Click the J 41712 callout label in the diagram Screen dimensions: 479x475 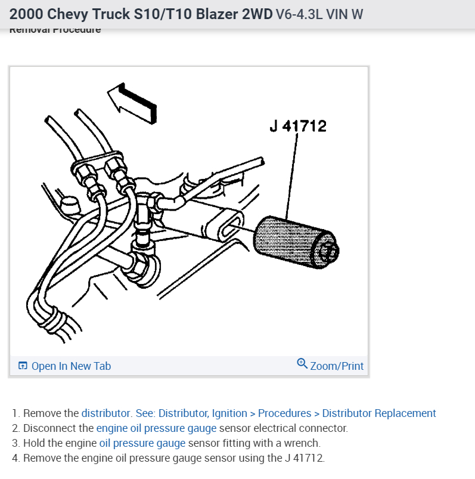(x=297, y=126)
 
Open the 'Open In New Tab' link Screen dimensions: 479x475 (x=70, y=366)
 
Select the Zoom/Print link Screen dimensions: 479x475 (x=336, y=366)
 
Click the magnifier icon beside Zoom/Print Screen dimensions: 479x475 (x=302, y=364)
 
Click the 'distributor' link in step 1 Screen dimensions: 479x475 (x=106, y=413)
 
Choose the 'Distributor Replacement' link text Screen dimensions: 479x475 (x=379, y=413)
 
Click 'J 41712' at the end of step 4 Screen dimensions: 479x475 (x=304, y=458)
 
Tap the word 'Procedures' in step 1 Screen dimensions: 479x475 (x=285, y=413)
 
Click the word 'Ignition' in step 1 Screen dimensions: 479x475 (x=229, y=413)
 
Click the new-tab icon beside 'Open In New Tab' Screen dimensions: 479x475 (x=23, y=366)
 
